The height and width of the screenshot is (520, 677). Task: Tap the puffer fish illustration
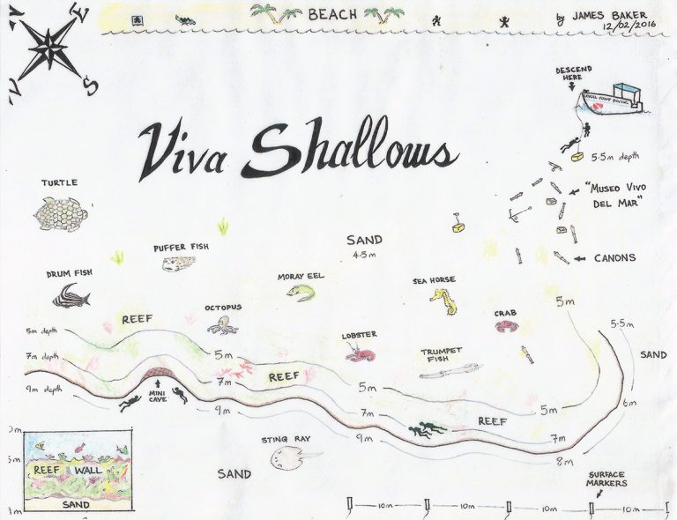pyautogui.click(x=181, y=264)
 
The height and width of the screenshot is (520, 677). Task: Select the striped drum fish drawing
pyautogui.click(x=71, y=295)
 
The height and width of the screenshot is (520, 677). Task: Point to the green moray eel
pyautogui.click(x=301, y=292)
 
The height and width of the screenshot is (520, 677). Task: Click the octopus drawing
pyautogui.click(x=223, y=324)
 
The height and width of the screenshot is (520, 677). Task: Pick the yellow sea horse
pyautogui.click(x=441, y=302)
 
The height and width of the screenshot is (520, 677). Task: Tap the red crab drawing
pyautogui.click(x=506, y=327)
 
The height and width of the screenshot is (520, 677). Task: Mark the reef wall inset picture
pyautogui.click(x=77, y=472)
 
